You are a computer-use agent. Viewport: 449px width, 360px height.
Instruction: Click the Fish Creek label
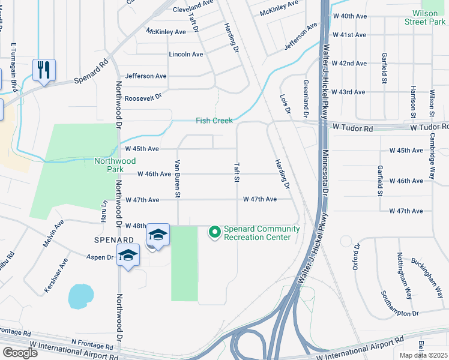click(214, 121)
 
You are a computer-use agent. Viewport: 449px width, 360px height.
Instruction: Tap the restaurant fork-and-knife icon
click(44, 70)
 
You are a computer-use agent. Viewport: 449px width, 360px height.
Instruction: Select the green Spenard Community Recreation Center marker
click(214, 231)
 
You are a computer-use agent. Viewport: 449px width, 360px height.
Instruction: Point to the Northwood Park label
click(115, 161)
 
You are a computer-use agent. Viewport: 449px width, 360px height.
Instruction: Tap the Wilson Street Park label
click(429, 17)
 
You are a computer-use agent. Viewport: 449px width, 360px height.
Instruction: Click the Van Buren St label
click(178, 178)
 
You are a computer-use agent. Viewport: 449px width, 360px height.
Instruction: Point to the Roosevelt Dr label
click(145, 94)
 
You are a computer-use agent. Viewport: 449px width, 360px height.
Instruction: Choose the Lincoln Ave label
click(186, 54)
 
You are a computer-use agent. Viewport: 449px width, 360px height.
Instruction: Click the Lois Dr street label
click(285, 104)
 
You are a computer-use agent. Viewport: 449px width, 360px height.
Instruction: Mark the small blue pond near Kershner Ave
click(80, 295)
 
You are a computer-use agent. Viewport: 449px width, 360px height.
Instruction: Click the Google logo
click(20, 353)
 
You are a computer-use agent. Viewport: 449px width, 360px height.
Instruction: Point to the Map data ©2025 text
click(424, 355)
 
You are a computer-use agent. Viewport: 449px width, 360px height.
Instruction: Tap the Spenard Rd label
click(91, 71)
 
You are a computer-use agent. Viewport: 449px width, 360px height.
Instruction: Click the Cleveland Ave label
click(193, 10)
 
